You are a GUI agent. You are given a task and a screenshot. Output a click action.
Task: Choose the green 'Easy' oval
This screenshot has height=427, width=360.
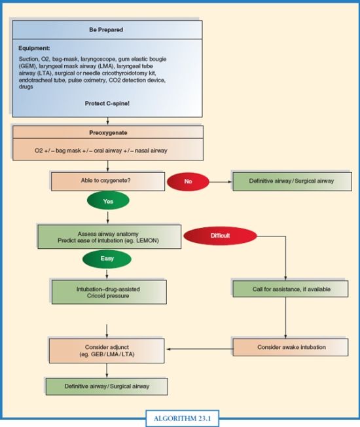coord(106,259)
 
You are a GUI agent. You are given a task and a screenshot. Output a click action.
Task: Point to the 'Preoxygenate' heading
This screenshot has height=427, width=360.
coord(107,132)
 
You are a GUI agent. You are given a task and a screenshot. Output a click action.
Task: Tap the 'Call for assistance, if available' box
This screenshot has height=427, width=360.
coord(290,289)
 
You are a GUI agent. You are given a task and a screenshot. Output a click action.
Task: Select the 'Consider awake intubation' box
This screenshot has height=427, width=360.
coord(290,346)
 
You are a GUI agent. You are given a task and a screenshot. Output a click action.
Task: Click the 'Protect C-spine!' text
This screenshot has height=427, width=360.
coord(107,103)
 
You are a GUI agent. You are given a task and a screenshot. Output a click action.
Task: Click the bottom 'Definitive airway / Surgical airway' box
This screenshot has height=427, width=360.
coord(106,386)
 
